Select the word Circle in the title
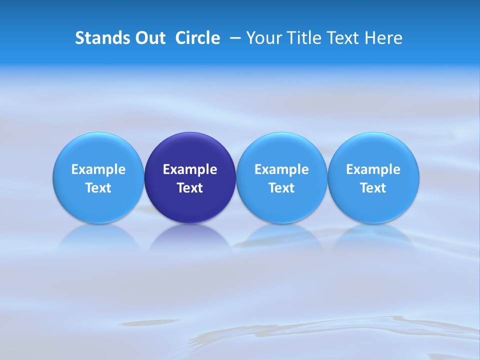click(197, 38)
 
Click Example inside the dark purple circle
click(190, 169)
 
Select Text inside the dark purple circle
click(190, 188)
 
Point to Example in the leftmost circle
click(98, 169)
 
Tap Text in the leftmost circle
click(98, 188)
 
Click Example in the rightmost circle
click(373, 169)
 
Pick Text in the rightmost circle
click(373, 188)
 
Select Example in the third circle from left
click(281, 169)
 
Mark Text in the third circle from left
click(281, 188)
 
